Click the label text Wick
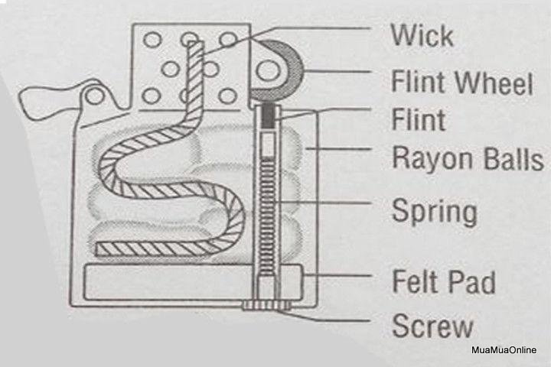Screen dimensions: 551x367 (x=422, y=35)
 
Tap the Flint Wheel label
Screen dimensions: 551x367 (x=462, y=82)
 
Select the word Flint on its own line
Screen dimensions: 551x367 (x=419, y=119)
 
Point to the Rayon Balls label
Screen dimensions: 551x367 (x=468, y=158)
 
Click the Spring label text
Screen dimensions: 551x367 (x=435, y=211)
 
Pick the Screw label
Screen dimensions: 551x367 (x=432, y=326)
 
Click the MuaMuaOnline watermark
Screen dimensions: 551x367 (x=504, y=350)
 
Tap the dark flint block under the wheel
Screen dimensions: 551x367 (x=268, y=117)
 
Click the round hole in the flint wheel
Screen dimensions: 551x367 (x=268, y=70)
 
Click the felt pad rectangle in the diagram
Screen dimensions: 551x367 (x=193, y=282)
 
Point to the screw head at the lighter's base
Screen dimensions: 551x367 (x=266, y=305)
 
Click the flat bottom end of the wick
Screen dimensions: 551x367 (x=98, y=248)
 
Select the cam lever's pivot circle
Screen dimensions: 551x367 (x=95, y=96)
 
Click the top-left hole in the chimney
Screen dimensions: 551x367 (x=152, y=40)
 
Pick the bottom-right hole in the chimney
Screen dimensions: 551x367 (x=228, y=96)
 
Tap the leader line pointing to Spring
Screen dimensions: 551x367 (x=323, y=203)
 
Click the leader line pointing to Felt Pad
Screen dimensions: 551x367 (x=337, y=275)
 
